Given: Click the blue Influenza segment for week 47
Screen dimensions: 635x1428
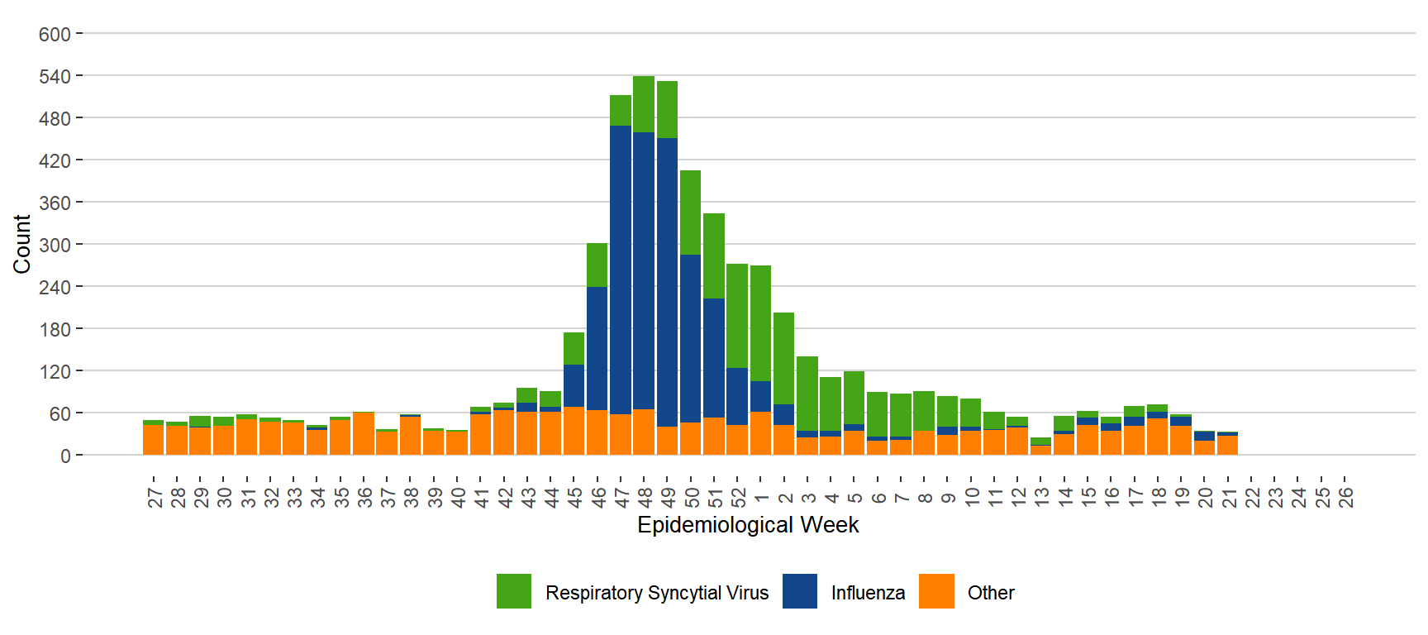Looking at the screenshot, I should coord(621,269).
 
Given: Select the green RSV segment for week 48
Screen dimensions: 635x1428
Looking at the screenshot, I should coord(644,103).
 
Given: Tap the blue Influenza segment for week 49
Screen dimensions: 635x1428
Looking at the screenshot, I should coord(667,281).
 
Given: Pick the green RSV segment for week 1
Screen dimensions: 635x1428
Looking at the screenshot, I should coord(760,322).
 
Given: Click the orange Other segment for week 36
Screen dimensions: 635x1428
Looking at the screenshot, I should coord(364,434).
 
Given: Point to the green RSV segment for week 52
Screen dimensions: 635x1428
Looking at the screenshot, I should coord(737,315).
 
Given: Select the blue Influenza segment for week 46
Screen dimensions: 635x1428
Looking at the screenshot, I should coord(597,347).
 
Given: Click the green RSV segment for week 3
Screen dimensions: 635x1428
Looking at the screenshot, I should coord(807,393).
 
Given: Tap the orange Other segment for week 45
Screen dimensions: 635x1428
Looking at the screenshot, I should coord(574,431).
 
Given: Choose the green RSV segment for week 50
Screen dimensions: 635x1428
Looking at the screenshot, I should coord(690,212).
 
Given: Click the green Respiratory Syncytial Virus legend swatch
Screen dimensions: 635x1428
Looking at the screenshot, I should coord(514,591).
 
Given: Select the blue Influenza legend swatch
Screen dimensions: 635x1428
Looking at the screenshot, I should coord(799,591).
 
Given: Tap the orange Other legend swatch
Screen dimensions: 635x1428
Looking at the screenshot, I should coord(936,591).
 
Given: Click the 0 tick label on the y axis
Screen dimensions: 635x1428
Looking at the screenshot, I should coord(65,456).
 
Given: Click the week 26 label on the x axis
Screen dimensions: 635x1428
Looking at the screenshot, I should coord(1345,497).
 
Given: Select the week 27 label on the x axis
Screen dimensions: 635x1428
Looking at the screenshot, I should coord(155,497).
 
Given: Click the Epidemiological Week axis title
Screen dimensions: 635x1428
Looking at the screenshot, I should coord(748,525).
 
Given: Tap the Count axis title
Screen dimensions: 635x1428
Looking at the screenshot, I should coord(21,244).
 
